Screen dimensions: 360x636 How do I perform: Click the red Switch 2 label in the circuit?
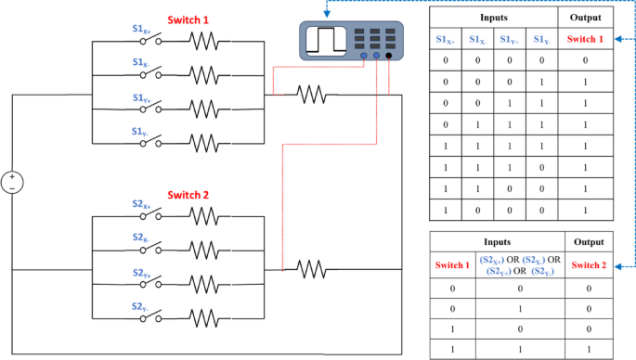[189, 196]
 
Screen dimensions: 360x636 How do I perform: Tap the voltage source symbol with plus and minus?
[12, 182]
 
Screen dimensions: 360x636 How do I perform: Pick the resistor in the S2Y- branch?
[206, 315]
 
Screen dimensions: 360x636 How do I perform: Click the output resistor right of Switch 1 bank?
[311, 94]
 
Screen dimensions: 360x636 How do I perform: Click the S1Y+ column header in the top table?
[510, 40]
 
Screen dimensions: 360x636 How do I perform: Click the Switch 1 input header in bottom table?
[451, 265]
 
